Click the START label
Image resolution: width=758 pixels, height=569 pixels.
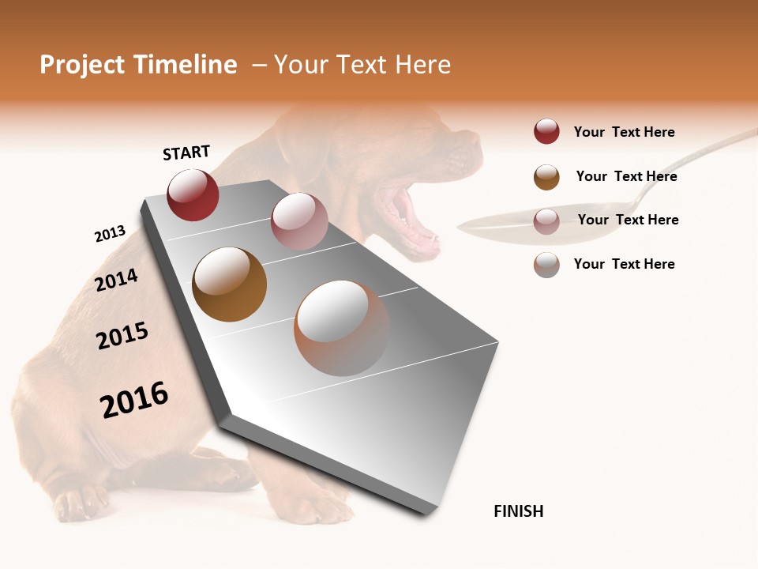tap(186, 153)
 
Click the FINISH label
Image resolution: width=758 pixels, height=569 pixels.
tap(518, 511)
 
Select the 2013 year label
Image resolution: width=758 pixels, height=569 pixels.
tap(110, 234)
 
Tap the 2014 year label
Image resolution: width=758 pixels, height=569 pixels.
tap(117, 280)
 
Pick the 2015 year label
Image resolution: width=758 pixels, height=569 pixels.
tap(122, 336)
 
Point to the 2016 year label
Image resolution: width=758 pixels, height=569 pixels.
tap(134, 400)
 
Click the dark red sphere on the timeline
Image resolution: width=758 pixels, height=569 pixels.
tap(193, 194)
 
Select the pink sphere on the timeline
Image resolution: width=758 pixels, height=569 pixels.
tap(298, 221)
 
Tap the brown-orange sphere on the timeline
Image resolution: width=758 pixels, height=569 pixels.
tap(229, 284)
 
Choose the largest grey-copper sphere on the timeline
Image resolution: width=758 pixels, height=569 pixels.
tap(341, 328)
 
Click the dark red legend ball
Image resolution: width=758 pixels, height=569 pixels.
tap(546, 131)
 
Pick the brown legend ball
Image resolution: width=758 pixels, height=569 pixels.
tap(546, 177)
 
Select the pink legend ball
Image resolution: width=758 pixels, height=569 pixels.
tap(546, 221)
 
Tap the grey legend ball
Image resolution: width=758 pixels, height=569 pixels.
tap(546, 265)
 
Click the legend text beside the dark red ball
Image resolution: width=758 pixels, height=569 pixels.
tap(624, 132)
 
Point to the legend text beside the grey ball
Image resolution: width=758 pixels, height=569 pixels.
tap(624, 264)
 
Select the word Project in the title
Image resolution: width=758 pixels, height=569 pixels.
tap(82, 65)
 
